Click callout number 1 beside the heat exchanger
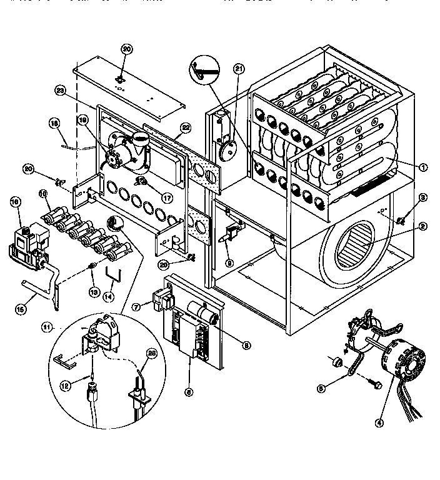tap(423, 167)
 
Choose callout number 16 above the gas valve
tap(16, 201)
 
